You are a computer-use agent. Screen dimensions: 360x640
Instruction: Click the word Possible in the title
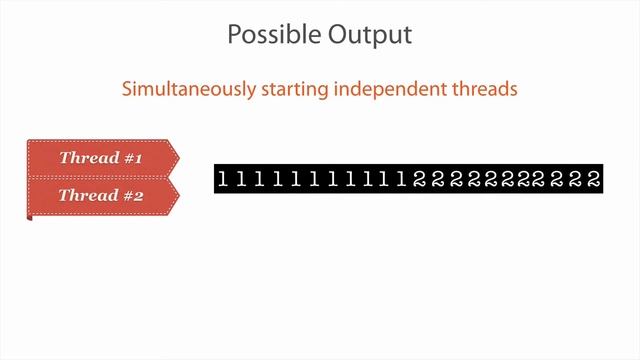pos(267,35)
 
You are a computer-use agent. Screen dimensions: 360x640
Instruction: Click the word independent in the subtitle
pos(394,89)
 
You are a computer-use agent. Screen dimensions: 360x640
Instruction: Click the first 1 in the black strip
pos(223,180)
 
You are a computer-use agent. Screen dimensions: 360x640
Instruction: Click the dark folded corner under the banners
pos(30,216)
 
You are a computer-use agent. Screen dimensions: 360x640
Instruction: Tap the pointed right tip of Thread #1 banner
pos(177,158)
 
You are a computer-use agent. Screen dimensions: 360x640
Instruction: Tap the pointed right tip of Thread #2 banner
pos(177,195)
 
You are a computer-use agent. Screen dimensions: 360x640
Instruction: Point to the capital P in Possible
pos(234,35)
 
